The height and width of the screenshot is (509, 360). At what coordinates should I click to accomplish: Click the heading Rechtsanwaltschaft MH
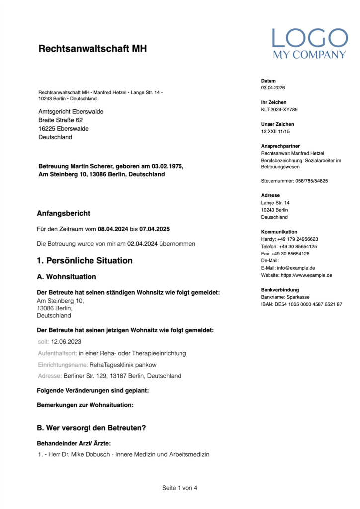pyautogui.click(x=92, y=49)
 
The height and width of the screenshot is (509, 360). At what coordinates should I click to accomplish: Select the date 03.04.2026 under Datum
pyautogui.click(x=273, y=88)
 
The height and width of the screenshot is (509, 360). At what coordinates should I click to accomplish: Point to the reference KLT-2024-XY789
pyautogui.click(x=279, y=110)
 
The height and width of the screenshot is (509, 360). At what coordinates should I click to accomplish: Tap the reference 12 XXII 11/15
pyautogui.click(x=275, y=132)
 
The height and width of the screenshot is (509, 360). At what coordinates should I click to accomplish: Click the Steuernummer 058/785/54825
pyautogui.click(x=310, y=181)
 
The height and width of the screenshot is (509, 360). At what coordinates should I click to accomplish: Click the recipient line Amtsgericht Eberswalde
pyautogui.click(x=71, y=112)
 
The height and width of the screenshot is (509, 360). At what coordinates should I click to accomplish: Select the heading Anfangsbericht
pyautogui.click(x=64, y=213)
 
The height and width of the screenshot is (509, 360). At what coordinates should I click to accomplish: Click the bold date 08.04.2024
pyautogui.click(x=113, y=230)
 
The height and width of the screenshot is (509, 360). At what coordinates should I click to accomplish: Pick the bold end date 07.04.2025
pyautogui.click(x=154, y=230)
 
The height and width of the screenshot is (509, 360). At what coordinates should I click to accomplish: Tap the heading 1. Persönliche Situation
pyautogui.click(x=85, y=260)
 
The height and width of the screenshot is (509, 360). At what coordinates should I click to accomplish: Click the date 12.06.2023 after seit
pyautogui.click(x=66, y=342)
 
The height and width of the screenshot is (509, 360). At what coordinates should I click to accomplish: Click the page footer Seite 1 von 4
pyautogui.click(x=180, y=488)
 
